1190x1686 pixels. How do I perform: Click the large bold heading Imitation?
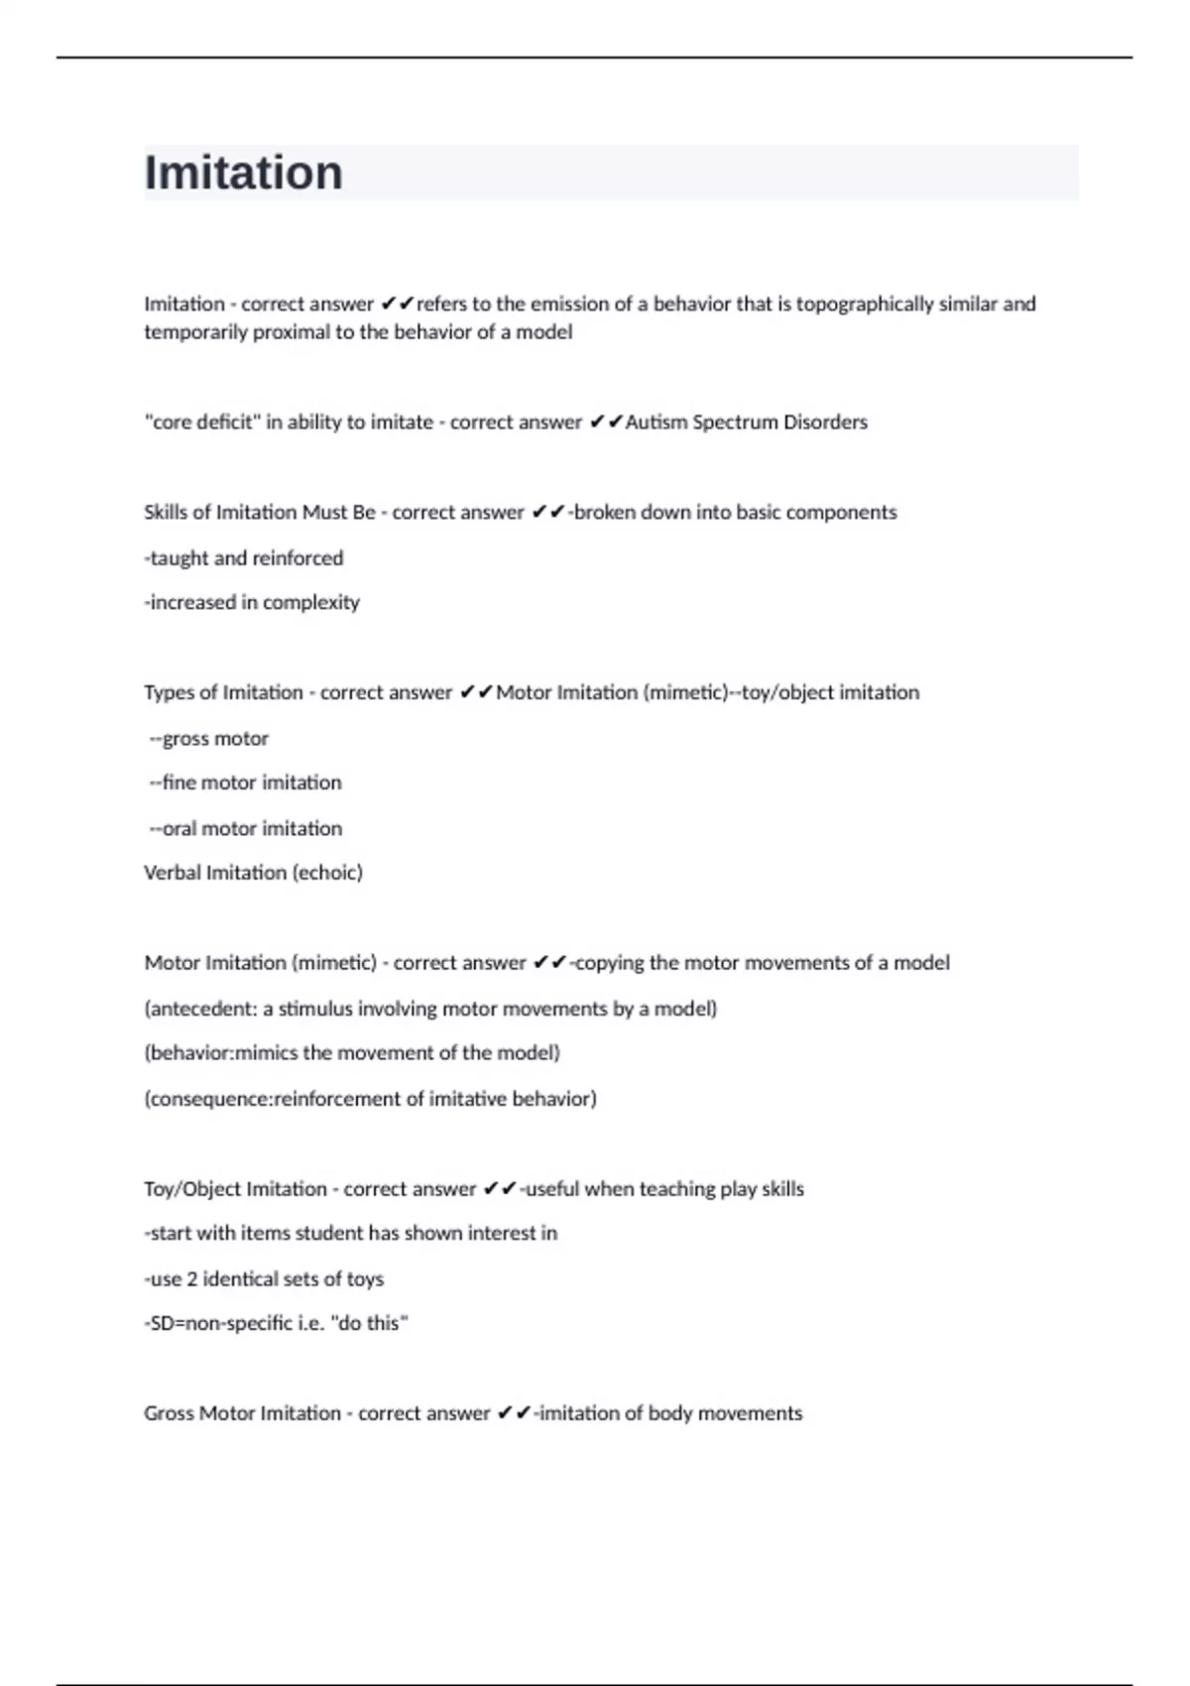point(244,173)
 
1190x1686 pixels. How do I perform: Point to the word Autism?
point(655,422)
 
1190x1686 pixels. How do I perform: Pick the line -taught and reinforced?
point(244,558)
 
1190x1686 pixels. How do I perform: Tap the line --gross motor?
point(209,739)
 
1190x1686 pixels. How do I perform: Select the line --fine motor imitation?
point(245,783)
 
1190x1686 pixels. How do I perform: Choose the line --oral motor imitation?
point(245,828)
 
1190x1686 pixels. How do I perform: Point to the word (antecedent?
point(201,1009)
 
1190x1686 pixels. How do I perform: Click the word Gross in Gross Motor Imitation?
point(169,1413)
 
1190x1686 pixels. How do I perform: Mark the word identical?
point(244,1279)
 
